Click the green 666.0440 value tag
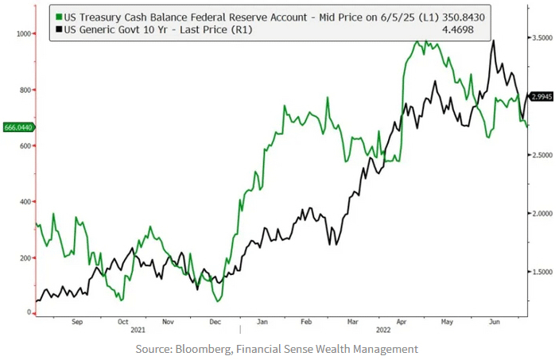(x=17, y=127)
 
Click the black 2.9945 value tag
(x=542, y=96)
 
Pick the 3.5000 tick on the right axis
(x=543, y=38)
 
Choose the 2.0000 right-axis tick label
(x=543, y=214)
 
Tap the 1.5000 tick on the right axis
(x=543, y=273)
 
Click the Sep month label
(x=77, y=323)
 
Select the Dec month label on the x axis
(x=214, y=323)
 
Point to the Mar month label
(x=352, y=323)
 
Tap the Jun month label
(x=493, y=323)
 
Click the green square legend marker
(x=59, y=16)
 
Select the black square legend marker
(x=59, y=29)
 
